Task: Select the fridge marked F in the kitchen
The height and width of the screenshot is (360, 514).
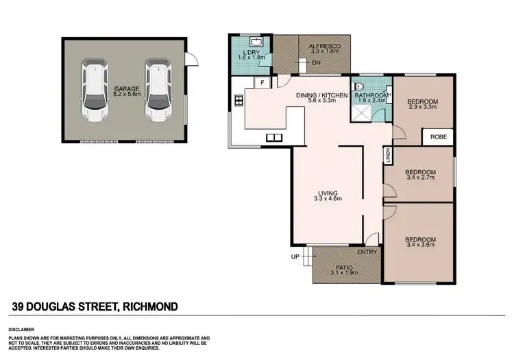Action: click(261, 83)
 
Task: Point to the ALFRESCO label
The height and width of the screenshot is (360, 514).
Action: click(325, 42)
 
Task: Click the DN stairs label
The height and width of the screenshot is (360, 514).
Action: click(317, 62)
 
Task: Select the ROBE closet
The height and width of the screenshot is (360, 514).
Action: click(438, 136)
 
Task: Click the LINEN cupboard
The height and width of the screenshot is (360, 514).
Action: click(388, 155)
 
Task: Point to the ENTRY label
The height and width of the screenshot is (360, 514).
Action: click(367, 252)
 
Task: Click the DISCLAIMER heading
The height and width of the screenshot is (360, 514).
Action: click(23, 326)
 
